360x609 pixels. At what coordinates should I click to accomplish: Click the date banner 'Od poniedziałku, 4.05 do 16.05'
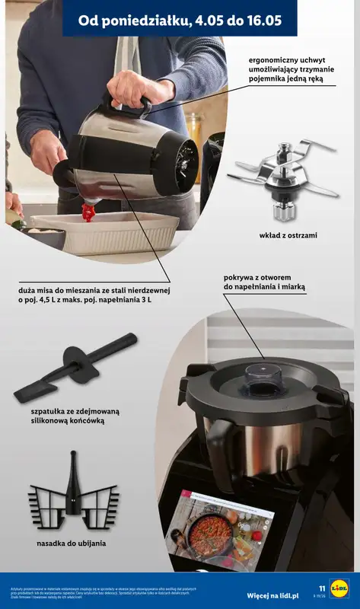(180, 21)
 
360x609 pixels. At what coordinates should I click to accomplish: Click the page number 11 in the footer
(322, 588)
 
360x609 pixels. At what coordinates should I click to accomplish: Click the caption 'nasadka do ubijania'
(72, 544)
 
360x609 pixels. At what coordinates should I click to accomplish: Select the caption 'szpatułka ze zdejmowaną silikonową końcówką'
(75, 416)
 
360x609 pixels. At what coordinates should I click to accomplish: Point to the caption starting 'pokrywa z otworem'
(264, 282)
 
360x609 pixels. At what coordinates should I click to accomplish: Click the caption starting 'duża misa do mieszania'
(95, 295)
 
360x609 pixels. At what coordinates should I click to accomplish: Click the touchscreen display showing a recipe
(220, 529)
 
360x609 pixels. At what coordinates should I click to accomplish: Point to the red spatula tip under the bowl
(88, 212)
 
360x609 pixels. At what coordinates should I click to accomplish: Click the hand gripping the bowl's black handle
(133, 89)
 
